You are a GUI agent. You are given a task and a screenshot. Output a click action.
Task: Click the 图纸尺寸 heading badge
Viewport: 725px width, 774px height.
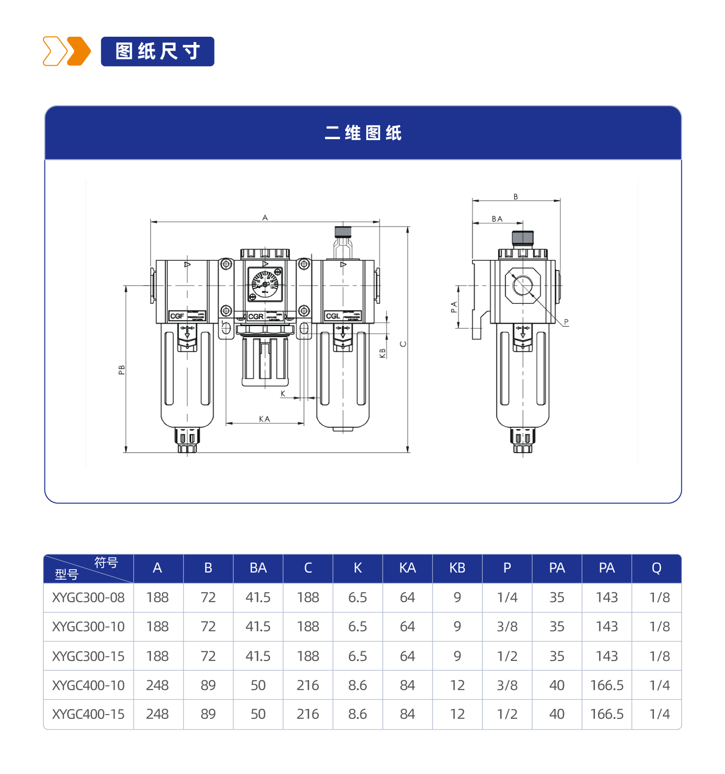pos(157,51)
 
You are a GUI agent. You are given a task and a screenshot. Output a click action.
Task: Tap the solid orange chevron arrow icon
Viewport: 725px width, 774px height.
pos(79,51)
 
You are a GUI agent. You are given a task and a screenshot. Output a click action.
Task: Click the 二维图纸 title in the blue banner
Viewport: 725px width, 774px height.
pos(363,133)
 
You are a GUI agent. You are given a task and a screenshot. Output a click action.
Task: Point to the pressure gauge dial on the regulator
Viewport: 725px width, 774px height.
pos(265,284)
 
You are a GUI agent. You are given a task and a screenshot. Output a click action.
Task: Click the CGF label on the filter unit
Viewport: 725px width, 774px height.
pos(177,316)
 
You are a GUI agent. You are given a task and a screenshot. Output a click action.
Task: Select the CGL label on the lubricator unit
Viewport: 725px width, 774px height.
pos(333,316)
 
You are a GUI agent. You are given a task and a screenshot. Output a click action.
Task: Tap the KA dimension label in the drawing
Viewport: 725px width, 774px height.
pos(264,419)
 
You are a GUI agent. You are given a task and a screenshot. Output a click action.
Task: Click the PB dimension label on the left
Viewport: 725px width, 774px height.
pos(122,370)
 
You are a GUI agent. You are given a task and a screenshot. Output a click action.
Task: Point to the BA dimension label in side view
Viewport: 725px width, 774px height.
pos(497,219)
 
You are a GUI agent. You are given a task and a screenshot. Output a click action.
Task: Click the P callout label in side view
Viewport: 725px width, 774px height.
pos(566,322)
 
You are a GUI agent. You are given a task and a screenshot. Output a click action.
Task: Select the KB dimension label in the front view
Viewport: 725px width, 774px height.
pos(383,353)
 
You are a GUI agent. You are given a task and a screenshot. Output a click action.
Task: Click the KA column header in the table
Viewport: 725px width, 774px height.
pos(407,568)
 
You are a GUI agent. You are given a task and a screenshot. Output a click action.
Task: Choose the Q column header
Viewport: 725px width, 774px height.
pos(656,568)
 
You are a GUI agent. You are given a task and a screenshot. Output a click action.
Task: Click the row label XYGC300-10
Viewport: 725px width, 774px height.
pos(88,627)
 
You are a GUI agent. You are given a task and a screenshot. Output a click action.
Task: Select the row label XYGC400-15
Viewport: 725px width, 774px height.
pos(88,714)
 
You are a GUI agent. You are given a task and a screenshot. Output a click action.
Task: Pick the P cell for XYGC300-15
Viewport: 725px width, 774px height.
pos(507,656)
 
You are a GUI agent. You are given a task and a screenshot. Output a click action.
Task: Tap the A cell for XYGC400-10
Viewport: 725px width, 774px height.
pos(158,685)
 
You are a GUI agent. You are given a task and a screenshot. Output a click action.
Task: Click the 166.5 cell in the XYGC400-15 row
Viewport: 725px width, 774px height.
pos(607,714)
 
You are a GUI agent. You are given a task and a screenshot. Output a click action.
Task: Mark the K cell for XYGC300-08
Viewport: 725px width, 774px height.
pos(358,598)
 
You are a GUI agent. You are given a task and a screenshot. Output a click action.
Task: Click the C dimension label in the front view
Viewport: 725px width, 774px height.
pos(403,344)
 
